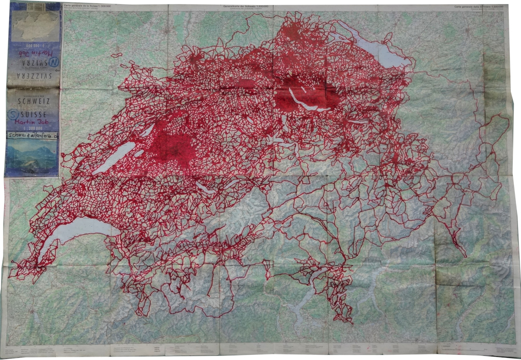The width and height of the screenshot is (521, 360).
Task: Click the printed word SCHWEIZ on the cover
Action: [34, 101]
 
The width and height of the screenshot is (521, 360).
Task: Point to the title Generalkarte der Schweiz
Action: [244, 6]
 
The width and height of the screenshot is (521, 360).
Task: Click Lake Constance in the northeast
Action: [377, 51]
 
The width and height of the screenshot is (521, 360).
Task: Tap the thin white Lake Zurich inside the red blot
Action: [305, 102]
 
